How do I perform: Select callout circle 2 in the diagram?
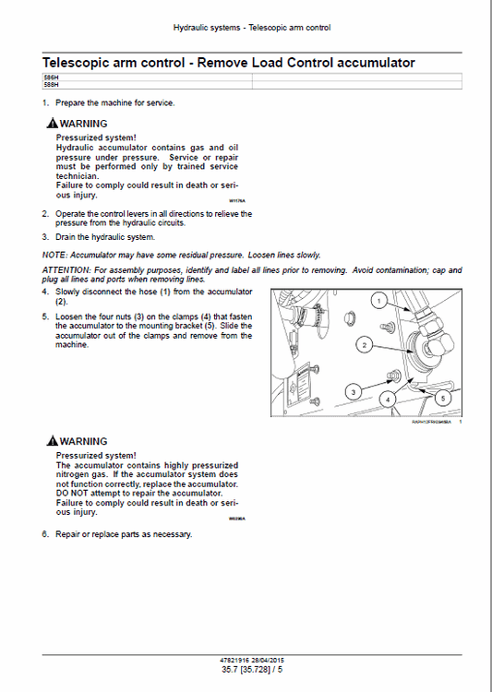(365, 345)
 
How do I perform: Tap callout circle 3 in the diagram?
(353, 391)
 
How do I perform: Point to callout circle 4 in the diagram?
(389, 399)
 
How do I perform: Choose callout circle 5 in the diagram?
(441, 398)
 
